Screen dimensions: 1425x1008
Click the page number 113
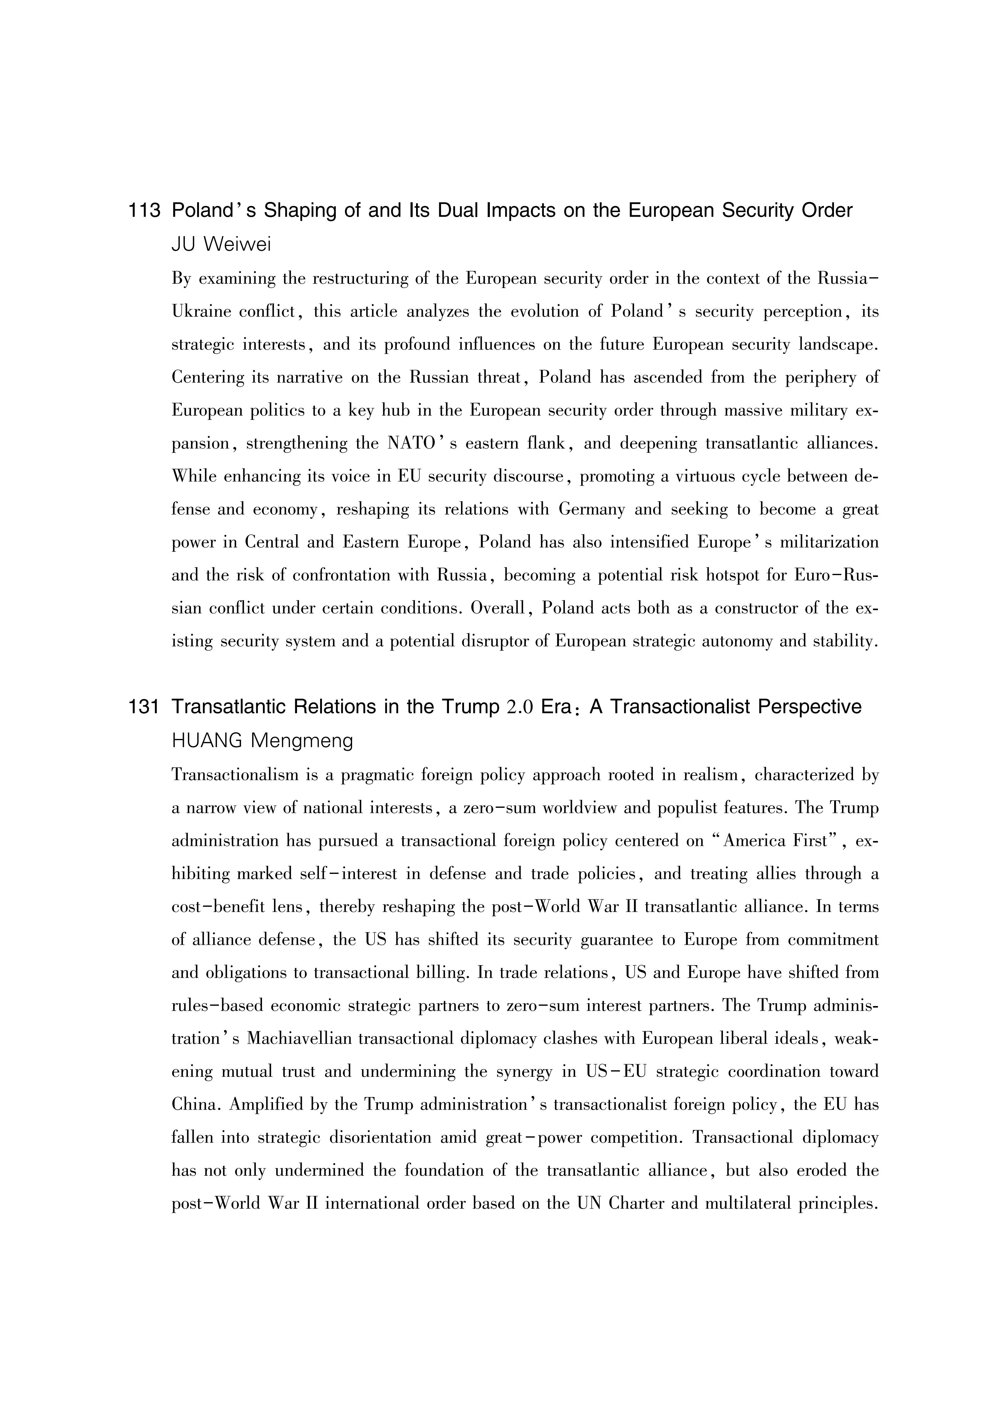(x=144, y=211)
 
